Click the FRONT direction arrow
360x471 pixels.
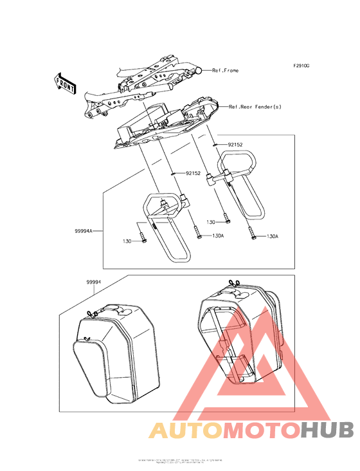pos(65,82)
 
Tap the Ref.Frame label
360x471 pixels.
pos(225,70)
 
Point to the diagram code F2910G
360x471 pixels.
pos(301,66)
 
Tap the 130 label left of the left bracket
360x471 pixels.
pos(127,241)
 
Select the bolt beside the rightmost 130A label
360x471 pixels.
pos(252,235)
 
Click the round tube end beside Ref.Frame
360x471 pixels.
pos(201,69)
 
